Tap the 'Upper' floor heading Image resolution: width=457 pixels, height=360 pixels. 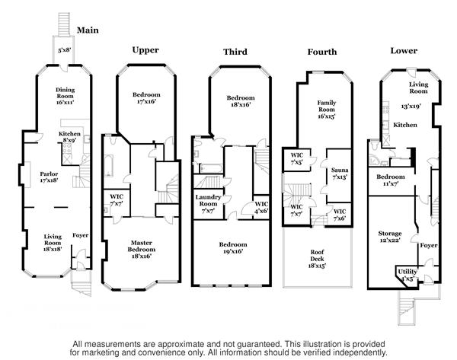tap(145, 50)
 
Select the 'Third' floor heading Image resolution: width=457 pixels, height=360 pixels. tap(235, 52)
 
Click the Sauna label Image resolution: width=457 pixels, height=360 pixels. tap(340, 173)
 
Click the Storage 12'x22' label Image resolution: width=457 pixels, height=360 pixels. tap(390, 237)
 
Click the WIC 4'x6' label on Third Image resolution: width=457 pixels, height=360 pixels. tap(261, 208)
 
